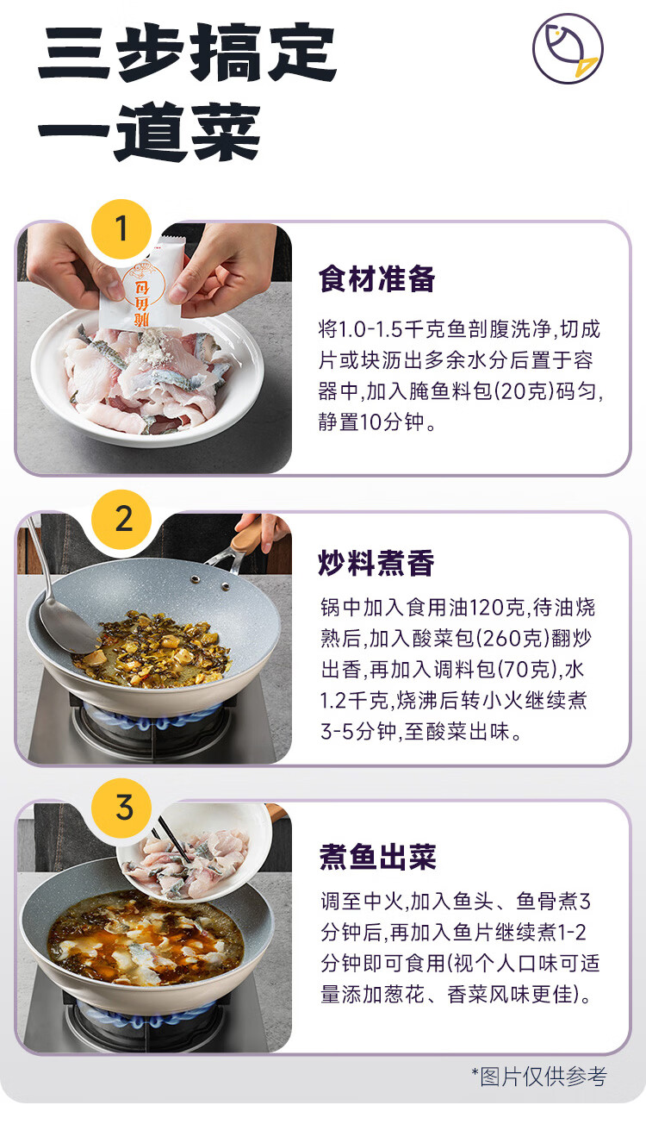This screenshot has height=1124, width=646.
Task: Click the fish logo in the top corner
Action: point(568,48)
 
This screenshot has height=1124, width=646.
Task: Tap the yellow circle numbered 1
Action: point(121,229)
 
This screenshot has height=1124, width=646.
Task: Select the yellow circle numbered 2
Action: point(121,520)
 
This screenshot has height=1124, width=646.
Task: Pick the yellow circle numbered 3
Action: point(121,808)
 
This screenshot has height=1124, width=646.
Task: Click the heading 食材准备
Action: point(376,279)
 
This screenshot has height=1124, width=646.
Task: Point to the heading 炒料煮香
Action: point(376,563)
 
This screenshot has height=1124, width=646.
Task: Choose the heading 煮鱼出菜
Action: point(377,856)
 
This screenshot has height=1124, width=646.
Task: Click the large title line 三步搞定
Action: point(187,53)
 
